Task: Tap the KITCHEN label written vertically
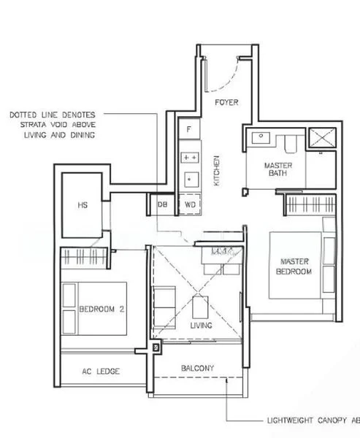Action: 216,171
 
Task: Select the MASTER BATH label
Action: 278,170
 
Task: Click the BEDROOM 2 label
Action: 102,309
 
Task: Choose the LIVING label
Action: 201,325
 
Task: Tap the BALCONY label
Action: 197,368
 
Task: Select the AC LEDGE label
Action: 102,372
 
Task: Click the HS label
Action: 83,205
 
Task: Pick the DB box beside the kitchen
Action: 162,205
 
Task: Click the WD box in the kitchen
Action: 190,205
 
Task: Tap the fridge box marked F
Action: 189,129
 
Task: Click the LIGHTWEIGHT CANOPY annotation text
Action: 311,421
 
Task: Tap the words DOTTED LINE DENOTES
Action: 57,115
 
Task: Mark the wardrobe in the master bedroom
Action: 310,205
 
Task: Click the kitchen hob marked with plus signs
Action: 190,156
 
